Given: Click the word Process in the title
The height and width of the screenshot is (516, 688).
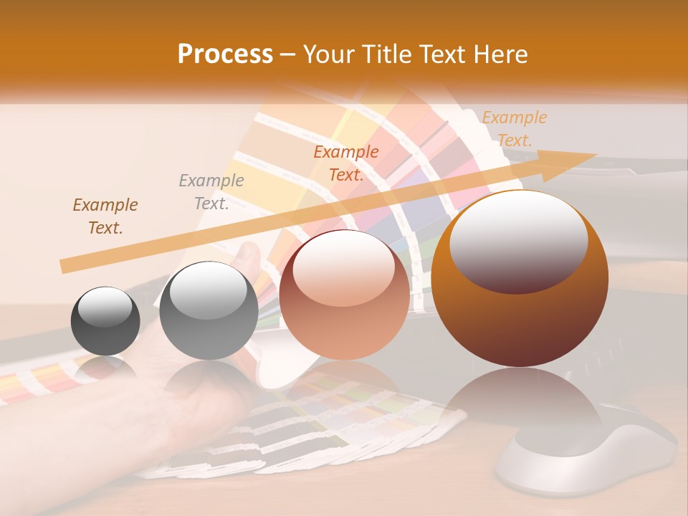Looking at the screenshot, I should click(225, 54).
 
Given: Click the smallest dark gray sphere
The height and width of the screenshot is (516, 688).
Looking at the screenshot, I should click(105, 320).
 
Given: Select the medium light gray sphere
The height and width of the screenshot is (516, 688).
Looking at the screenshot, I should click(209, 310).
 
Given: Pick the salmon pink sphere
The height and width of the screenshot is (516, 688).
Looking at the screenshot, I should click(344, 295).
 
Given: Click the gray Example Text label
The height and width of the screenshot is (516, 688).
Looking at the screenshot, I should click(211, 192).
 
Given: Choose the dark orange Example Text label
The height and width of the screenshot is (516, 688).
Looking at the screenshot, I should click(346, 163).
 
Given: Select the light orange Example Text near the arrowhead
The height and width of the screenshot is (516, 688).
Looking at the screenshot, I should click(514, 129).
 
